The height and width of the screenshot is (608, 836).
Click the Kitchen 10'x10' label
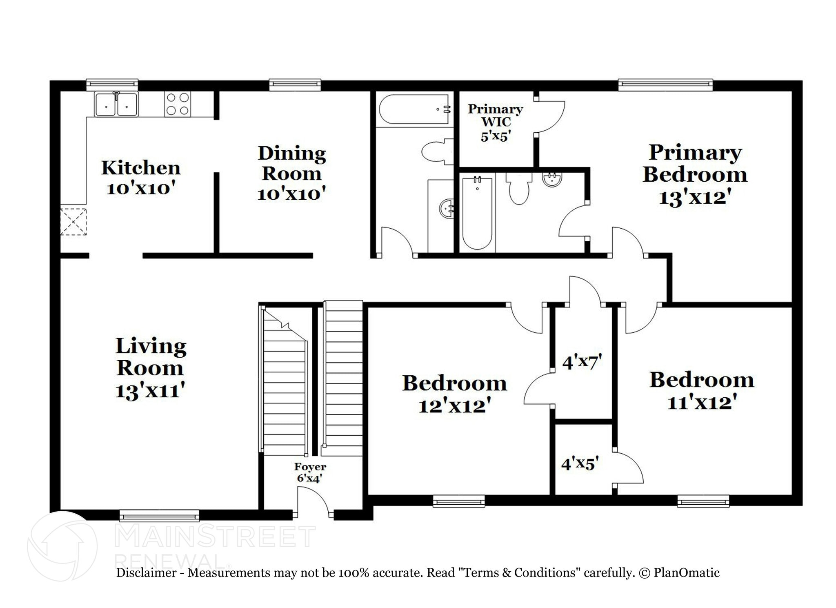(141, 178)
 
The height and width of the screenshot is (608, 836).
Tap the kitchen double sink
(116, 105)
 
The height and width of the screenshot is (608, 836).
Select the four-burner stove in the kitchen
(178, 104)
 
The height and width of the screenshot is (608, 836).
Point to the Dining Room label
(291, 163)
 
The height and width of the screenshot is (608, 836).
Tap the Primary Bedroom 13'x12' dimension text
(695, 198)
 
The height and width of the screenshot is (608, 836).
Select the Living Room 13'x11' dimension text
(151, 391)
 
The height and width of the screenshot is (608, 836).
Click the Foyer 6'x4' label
(310, 472)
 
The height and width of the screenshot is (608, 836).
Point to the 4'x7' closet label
(582, 362)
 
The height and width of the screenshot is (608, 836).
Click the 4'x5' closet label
(580, 463)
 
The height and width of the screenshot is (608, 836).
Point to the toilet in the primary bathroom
(519, 188)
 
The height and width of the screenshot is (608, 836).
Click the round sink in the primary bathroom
(552, 179)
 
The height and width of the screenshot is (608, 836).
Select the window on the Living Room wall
(159, 516)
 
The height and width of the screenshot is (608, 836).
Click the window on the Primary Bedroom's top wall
(665, 85)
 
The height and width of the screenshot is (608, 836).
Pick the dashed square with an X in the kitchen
(73, 222)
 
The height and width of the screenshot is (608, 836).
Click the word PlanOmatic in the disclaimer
(686, 572)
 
